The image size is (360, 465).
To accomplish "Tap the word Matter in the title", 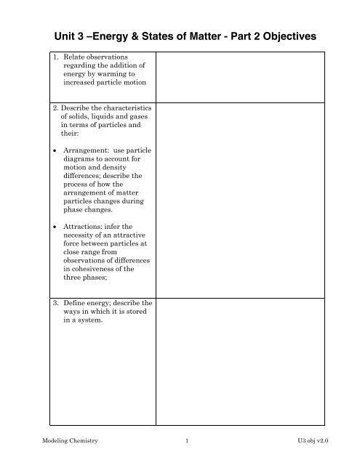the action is tap(204, 34).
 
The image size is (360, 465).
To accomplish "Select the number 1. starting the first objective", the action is tap(57, 57).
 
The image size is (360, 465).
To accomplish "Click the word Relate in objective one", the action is tap(76, 57).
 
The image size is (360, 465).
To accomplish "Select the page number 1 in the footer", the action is tap(188, 450).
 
